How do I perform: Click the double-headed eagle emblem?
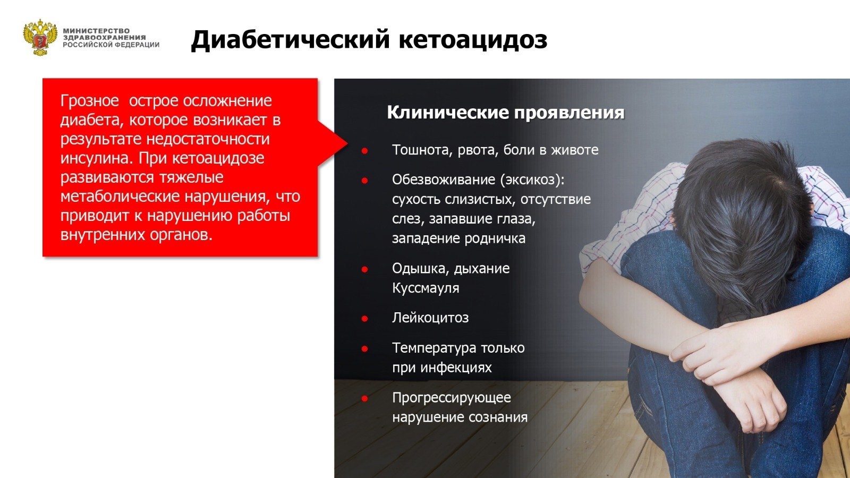(x=40, y=37)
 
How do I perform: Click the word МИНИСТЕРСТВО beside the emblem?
(x=96, y=31)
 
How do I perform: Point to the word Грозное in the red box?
(x=90, y=101)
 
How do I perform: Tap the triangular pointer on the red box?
(x=333, y=143)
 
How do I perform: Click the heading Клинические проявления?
(x=505, y=113)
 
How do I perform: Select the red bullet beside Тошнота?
(x=364, y=151)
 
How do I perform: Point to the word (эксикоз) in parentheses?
(x=532, y=180)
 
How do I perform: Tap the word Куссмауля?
(x=426, y=288)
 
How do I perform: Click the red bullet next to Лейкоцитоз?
(x=364, y=319)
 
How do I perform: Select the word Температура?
(x=435, y=348)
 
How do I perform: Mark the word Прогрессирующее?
(x=452, y=398)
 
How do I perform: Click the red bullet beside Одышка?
(x=364, y=270)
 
